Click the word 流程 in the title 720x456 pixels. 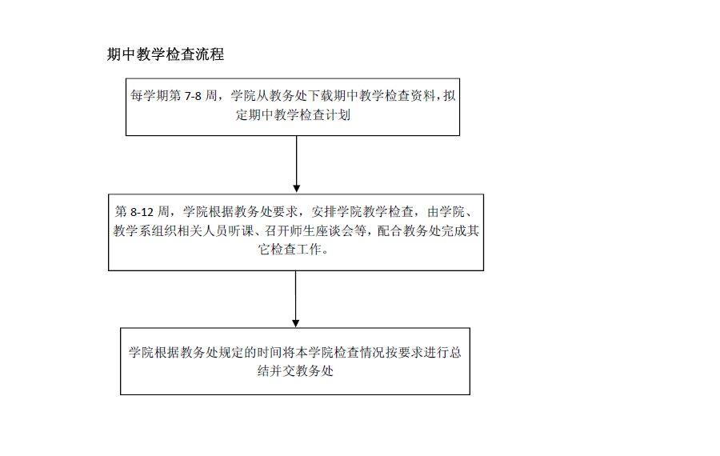(210, 54)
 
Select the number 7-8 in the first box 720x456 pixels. (193, 96)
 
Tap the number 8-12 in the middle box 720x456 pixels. (142, 212)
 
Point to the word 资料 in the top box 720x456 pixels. (423, 95)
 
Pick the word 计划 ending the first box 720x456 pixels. (338, 114)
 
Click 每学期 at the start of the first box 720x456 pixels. (150, 95)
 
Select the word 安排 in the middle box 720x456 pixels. (324, 211)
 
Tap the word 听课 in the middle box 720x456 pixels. (242, 230)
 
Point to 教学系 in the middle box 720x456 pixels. (132, 230)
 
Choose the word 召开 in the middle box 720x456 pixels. (278, 230)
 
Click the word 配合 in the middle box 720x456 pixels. (390, 230)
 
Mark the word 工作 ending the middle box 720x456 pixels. (310, 250)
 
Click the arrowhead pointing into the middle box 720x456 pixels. (297, 189)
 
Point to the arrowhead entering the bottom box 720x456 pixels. (296, 323)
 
